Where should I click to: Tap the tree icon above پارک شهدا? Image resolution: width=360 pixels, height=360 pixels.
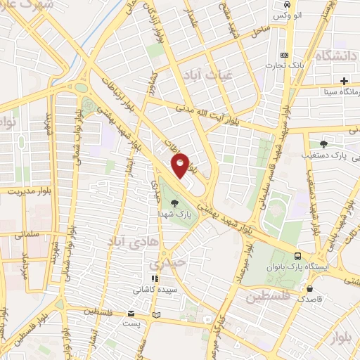coord(184,203)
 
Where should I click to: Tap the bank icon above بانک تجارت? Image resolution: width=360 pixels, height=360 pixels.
coord(284,55)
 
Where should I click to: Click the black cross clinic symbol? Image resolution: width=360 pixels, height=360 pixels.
coord(345,81)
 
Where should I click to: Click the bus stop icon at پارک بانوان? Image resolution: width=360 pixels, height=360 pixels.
coord(299,257)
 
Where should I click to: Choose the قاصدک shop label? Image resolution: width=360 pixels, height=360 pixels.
coord(310,298)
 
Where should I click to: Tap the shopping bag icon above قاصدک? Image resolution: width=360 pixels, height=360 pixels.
coord(310,288)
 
